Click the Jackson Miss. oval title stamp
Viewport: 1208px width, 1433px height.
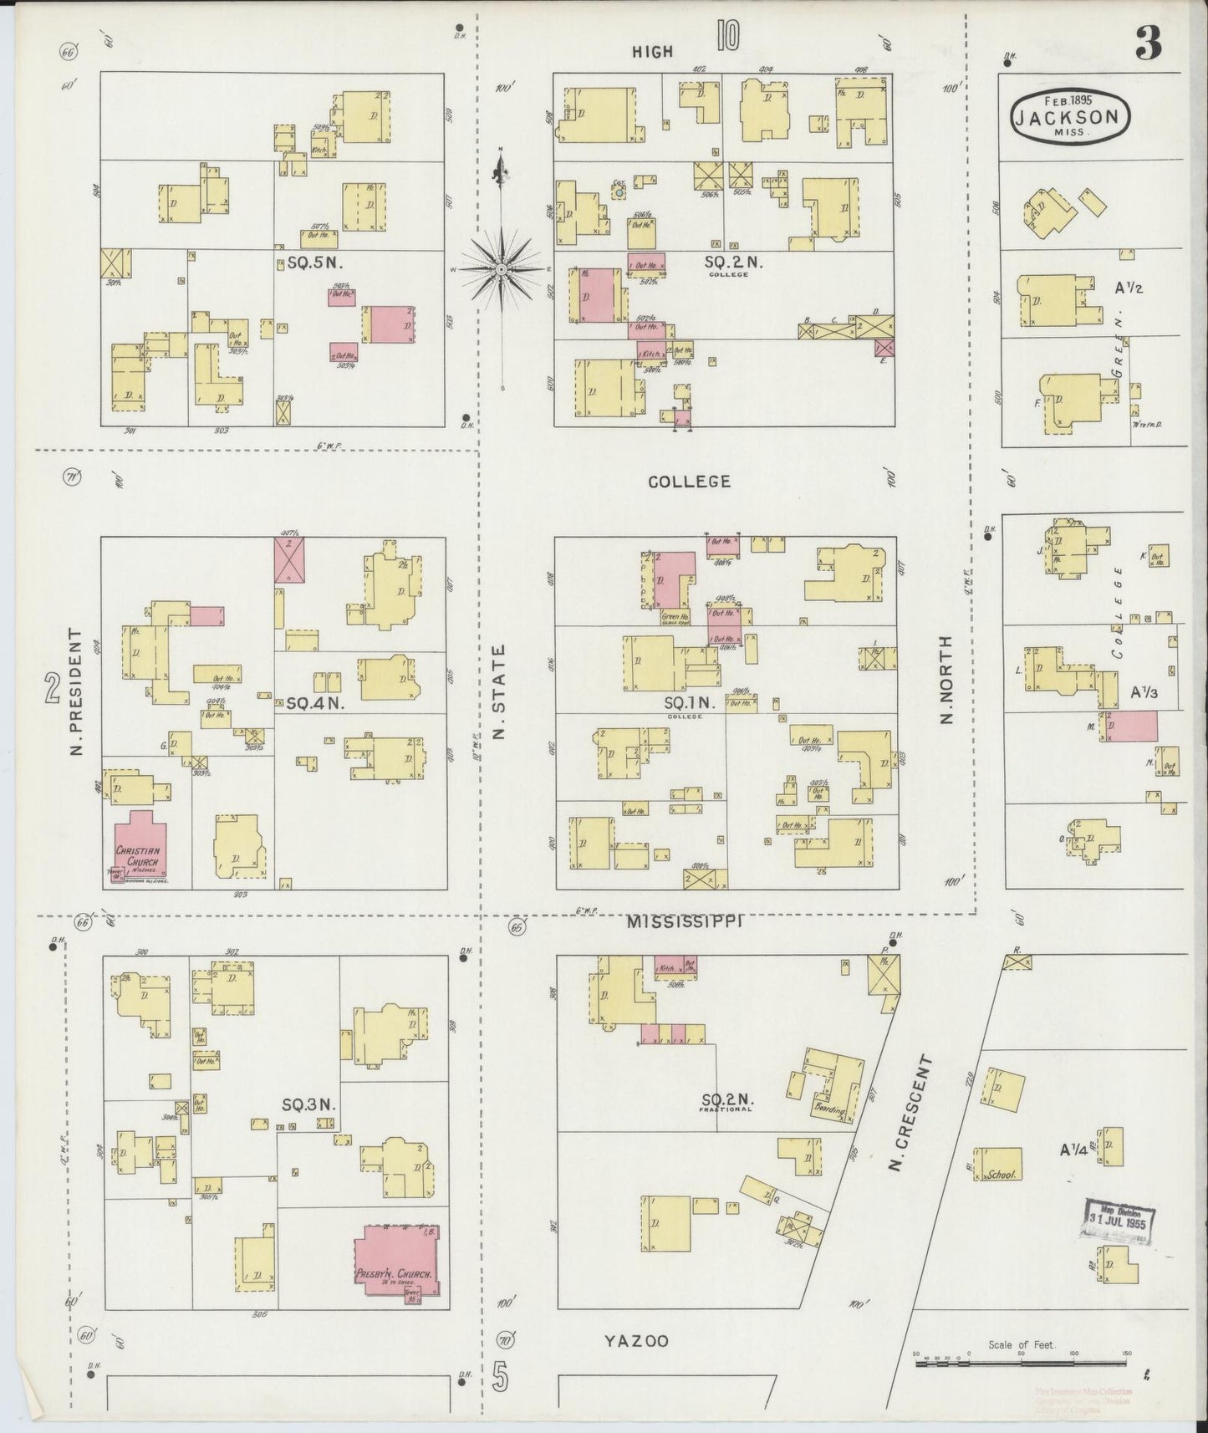(x=1069, y=118)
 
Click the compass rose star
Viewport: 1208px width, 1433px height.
(x=500, y=269)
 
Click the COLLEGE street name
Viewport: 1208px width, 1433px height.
(x=689, y=482)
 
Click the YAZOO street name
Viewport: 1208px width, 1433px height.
(x=636, y=1364)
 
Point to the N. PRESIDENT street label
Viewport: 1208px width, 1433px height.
(x=76, y=691)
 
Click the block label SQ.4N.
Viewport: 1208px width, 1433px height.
(x=315, y=704)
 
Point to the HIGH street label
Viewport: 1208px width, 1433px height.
(x=652, y=52)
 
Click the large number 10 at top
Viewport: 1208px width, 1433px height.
(x=727, y=38)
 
